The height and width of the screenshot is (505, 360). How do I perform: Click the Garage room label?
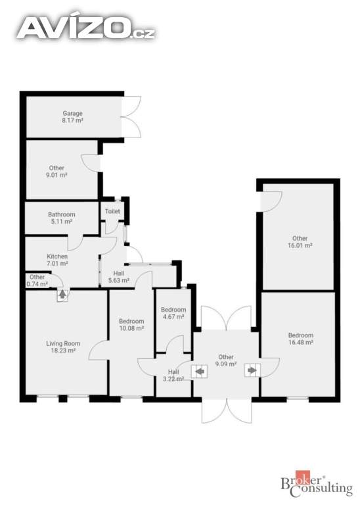click(73, 117)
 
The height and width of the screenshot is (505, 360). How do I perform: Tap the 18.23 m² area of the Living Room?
click(63, 350)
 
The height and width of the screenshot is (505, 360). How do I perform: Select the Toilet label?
click(112, 211)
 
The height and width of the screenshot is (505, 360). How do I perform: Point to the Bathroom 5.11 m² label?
click(62, 218)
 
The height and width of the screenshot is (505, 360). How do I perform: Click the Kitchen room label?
click(57, 260)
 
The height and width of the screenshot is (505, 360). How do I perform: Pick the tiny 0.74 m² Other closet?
click(37, 281)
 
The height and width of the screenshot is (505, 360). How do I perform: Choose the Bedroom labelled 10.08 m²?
click(131, 325)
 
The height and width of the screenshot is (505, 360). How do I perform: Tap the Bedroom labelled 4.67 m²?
click(173, 313)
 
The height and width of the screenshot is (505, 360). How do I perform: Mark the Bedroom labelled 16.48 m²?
click(300, 339)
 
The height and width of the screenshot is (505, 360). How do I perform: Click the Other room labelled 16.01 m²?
click(300, 241)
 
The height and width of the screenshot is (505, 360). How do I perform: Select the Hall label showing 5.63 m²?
click(119, 277)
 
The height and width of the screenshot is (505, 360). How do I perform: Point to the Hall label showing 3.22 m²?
click(173, 375)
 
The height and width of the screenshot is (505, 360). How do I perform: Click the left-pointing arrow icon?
click(200, 372)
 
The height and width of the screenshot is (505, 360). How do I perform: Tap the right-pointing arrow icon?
click(252, 370)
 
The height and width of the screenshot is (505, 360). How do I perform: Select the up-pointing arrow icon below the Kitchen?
click(62, 295)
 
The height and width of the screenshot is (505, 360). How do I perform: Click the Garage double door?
click(131, 116)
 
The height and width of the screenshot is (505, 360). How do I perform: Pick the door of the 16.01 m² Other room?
click(271, 201)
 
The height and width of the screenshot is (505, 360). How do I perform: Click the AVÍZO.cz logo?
click(86, 28)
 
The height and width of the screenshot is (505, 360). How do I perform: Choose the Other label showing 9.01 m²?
click(56, 172)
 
